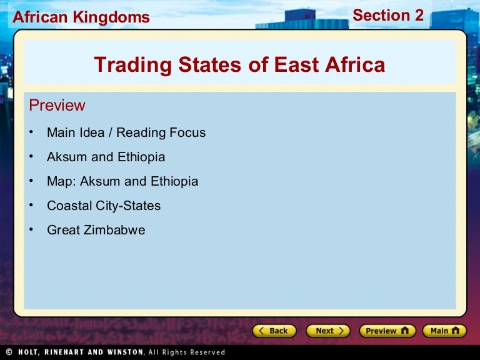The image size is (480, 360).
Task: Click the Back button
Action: [x=274, y=331]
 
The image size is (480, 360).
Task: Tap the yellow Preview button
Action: [x=387, y=331]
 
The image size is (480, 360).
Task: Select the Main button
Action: [x=445, y=331]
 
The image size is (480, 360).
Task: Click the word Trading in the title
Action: [x=133, y=66]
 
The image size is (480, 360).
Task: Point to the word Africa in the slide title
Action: [x=355, y=64]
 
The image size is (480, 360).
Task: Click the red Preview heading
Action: [x=57, y=105]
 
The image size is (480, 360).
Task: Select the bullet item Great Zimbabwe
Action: [x=96, y=230]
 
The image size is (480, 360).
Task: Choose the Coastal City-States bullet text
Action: [x=104, y=206]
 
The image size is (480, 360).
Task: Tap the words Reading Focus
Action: [x=161, y=132]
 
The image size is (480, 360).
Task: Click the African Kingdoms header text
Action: [x=81, y=17]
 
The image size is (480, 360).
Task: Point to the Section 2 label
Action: [x=388, y=15]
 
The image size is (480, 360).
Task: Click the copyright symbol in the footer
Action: [x=9, y=352]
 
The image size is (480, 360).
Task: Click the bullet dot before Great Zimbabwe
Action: [x=31, y=229]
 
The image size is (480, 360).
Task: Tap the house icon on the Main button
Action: [x=456, y=330]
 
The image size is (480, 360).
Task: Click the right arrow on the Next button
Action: [x=341, y=331]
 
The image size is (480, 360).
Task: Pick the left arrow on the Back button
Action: [x=261, y=331]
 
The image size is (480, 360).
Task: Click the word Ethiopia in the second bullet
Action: [x=141, y=157]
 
